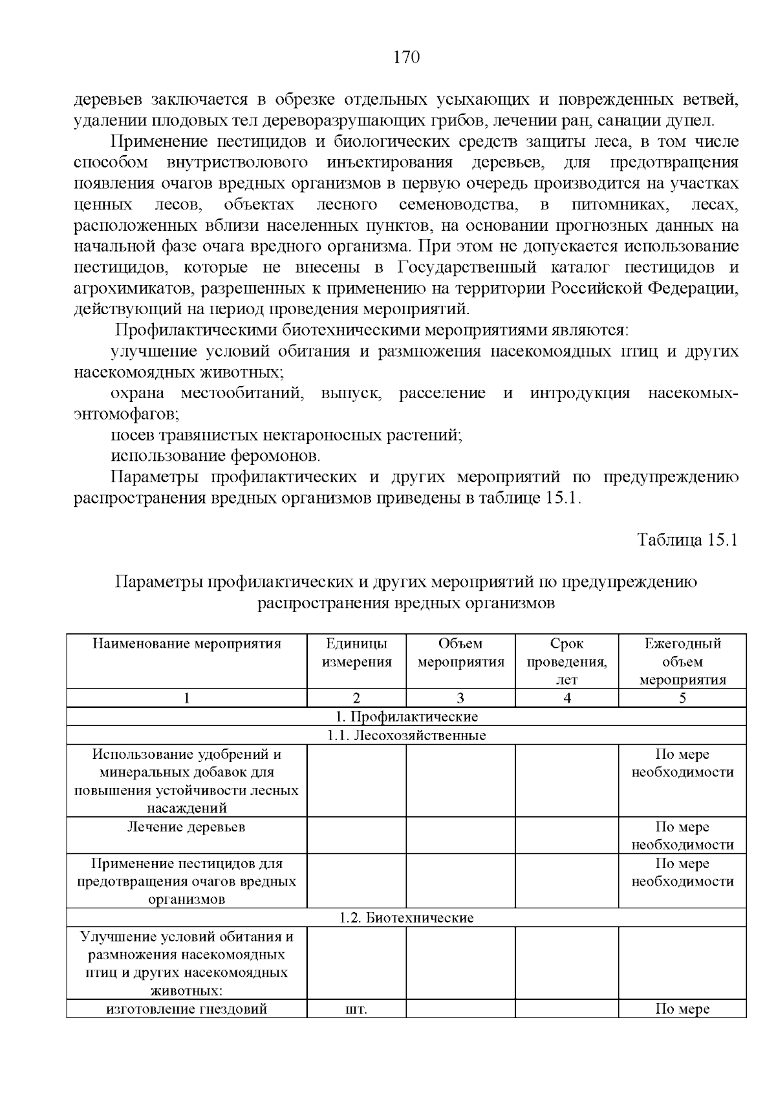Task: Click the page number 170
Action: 407,58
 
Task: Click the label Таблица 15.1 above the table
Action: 687,540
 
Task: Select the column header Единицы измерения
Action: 357,653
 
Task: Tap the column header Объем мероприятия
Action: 460,653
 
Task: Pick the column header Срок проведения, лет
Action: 566,661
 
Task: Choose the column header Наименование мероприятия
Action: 187,644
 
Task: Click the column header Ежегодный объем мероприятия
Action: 682,661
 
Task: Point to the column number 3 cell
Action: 460,698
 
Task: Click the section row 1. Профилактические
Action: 407,717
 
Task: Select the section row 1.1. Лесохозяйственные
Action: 407,736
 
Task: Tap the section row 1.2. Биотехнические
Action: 407,918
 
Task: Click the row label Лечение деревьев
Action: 186,827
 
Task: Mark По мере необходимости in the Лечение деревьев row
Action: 682,836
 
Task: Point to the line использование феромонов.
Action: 215,456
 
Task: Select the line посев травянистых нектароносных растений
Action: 286,435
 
